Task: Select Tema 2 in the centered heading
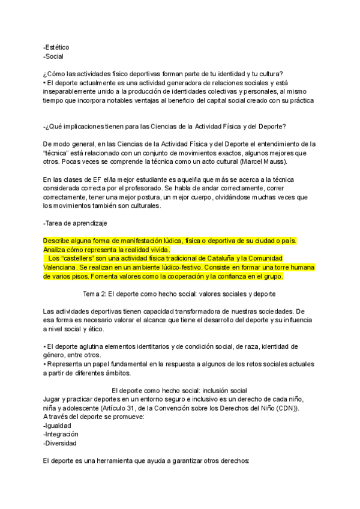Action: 98,294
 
